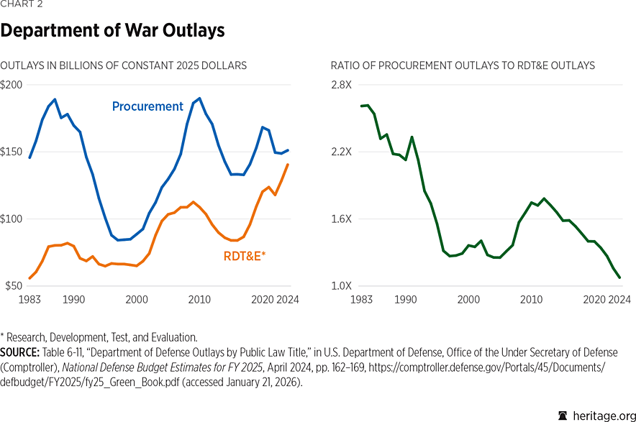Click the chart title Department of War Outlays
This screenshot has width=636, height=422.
click(112, 31)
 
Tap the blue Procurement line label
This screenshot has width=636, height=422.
click(147, 106)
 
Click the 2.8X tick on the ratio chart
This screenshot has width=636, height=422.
click(342, 85)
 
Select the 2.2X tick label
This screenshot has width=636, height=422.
click(342, 152)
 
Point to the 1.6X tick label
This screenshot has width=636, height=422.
click(342, 219)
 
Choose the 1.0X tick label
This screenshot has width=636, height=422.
click(342, 286)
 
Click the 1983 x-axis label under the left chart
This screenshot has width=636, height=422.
click(29, 299)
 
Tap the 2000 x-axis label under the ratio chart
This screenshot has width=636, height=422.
click(469, 299)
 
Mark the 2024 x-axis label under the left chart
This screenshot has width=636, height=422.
click(288, 299)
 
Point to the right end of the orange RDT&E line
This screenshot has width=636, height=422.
click(289, 165)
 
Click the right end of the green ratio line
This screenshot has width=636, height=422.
click(619, 277)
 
